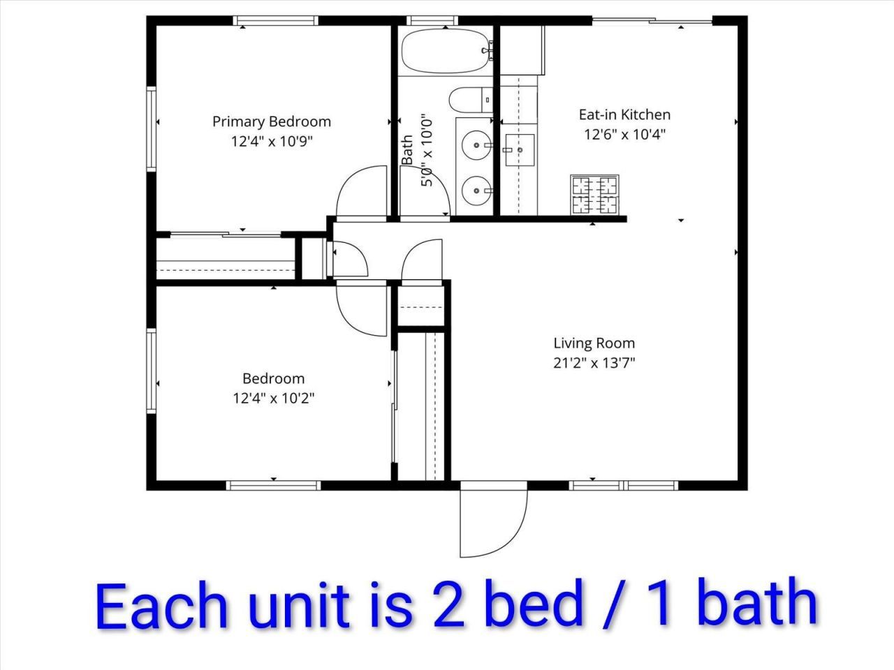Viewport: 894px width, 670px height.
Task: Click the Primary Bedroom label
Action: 272,121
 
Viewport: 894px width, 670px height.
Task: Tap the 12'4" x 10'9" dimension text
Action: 272,142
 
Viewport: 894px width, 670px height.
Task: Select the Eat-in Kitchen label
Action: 624,114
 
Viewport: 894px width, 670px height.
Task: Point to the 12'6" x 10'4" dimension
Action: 624,135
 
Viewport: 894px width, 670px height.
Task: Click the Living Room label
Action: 594,343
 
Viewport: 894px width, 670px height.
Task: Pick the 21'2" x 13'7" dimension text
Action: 594,363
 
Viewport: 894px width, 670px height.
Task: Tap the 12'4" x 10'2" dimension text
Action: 273,399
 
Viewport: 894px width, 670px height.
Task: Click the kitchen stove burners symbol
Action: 594,195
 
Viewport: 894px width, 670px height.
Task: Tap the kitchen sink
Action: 519,150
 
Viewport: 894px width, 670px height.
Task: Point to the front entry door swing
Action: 492,520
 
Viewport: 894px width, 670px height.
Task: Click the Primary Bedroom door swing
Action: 362,192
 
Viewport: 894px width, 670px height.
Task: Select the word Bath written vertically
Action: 407,150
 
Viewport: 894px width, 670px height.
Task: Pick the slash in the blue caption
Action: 615,604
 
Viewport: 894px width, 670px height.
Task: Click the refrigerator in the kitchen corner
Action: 522,50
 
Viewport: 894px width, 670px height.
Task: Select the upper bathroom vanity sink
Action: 477,145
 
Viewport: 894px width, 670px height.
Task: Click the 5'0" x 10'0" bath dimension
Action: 427,150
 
